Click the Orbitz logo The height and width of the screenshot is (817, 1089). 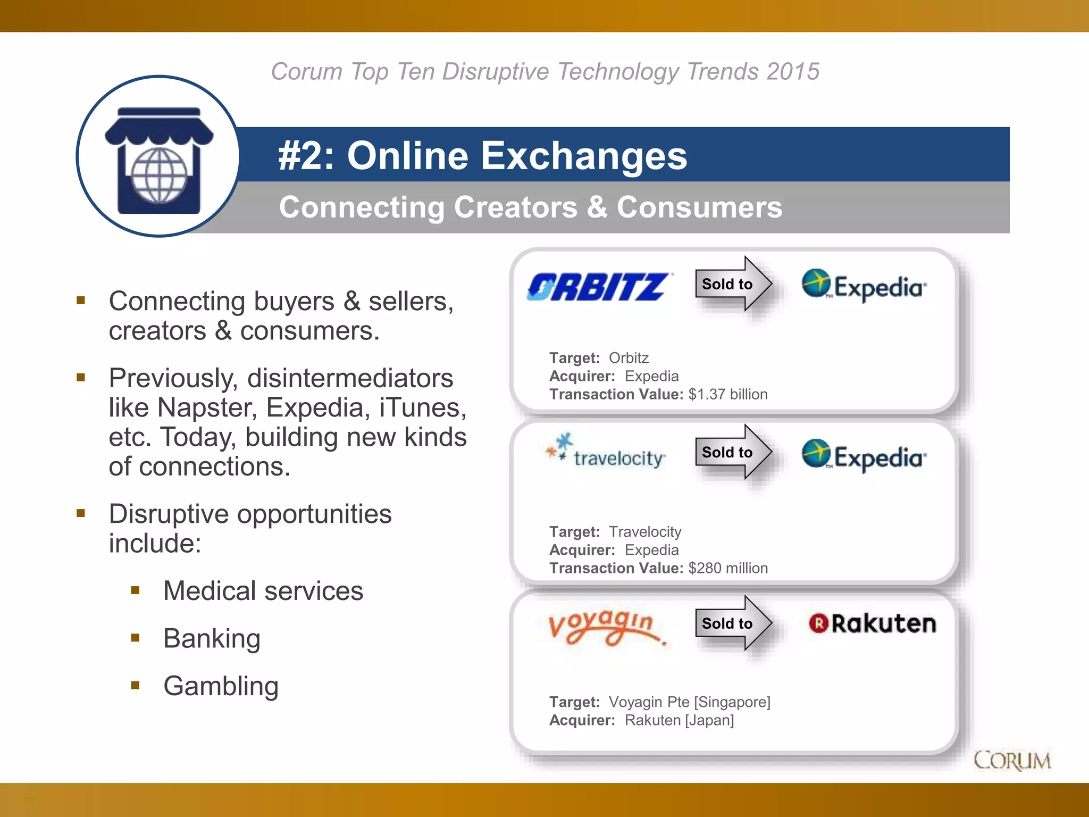tap(599, 287)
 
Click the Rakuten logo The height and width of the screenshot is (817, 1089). tap(873, 623)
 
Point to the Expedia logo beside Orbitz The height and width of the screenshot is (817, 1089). tap(865, 286)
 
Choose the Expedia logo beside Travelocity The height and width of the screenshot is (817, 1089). tap(865, 455)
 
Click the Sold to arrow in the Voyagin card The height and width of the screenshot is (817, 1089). tap(733, 623)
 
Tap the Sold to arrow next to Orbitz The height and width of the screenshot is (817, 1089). tap(733, 284)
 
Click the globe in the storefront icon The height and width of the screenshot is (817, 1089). tap(159, 175)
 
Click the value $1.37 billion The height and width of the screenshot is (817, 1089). tap(728, 394)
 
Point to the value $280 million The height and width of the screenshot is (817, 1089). tap(728, 568)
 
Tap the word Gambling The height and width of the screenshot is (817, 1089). tap(221, 686)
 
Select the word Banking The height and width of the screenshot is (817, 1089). tap(212, 638)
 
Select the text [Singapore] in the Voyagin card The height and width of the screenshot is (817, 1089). tap(732, 702)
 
